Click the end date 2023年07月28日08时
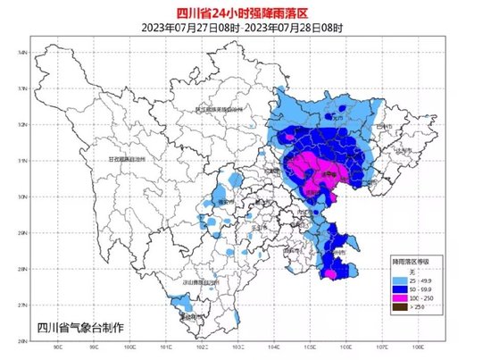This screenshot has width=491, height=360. pyautogui.click(x=295, y=26)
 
